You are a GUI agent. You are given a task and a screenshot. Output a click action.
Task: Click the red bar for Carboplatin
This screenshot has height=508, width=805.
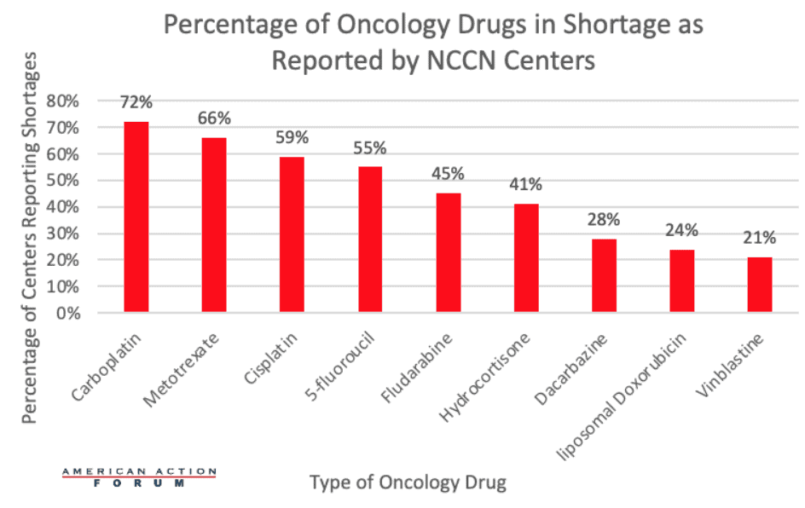coord(136,216)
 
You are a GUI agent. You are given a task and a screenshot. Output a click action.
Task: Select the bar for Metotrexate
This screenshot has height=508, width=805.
coord(214,225)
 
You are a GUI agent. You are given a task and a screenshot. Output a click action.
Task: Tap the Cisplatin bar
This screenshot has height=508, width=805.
coord(292,234)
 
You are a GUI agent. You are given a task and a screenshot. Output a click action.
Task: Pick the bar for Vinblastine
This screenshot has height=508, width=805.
coord(759,284)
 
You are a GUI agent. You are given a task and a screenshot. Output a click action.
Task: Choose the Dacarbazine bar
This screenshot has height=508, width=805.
coord(604,275)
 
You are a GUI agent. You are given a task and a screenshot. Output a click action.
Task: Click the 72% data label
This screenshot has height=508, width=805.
coord(136,102)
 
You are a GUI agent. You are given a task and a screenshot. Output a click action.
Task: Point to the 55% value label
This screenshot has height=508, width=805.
coord(370,147)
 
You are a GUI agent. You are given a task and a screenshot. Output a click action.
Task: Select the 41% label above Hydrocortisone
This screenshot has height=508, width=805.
coord(526,185)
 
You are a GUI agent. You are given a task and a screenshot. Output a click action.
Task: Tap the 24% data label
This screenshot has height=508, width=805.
coord(681,230)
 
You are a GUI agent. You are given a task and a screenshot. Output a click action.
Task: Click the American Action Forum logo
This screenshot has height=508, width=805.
coord(140,477)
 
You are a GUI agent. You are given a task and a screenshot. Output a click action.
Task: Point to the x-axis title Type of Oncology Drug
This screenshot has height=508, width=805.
coord(408,482)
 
